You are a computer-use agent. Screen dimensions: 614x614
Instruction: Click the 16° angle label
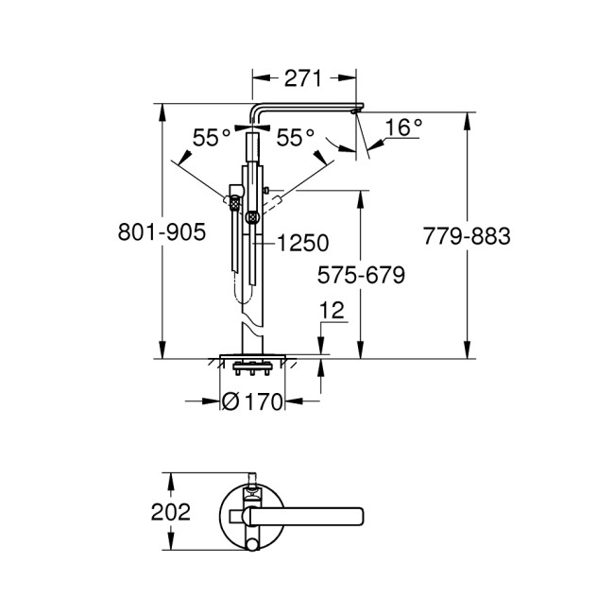[x=403, y=128]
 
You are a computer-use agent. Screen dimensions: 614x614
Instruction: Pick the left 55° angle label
[x=212, y=138]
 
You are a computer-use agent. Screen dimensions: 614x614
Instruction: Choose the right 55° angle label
[x=296, y=138]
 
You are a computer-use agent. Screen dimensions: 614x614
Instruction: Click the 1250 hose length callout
[x=303, y=244]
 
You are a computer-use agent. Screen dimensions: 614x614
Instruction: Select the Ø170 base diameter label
[x=252, y=402]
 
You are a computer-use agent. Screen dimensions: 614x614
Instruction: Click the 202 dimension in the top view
[x=171, y=513]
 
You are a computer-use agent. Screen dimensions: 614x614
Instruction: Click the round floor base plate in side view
[x=252, y=357]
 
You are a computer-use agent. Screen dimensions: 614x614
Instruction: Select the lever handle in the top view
[x=312, y=515]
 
